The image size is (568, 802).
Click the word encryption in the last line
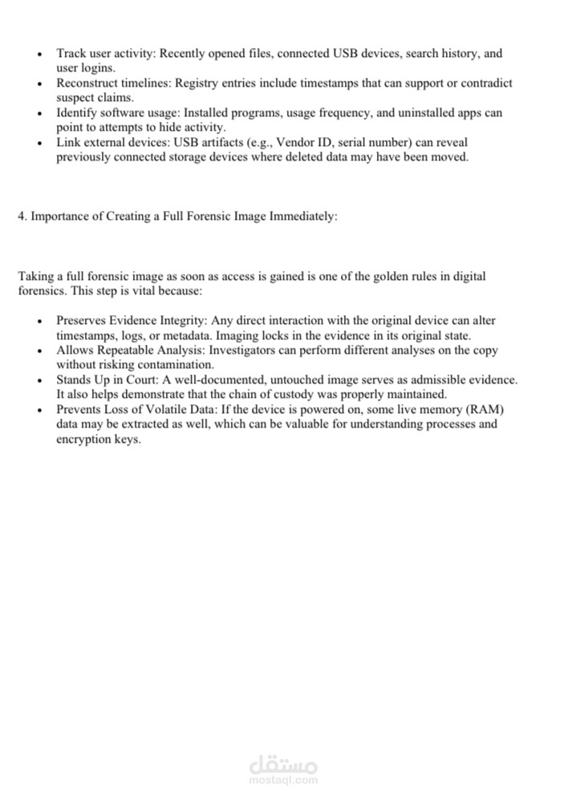pyautogui.click(x=83, y=439)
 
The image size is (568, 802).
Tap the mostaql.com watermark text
pyautogui.click(x=284, y=780)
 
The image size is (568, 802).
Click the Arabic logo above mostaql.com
pyautogui.click(x=284, y=759)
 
